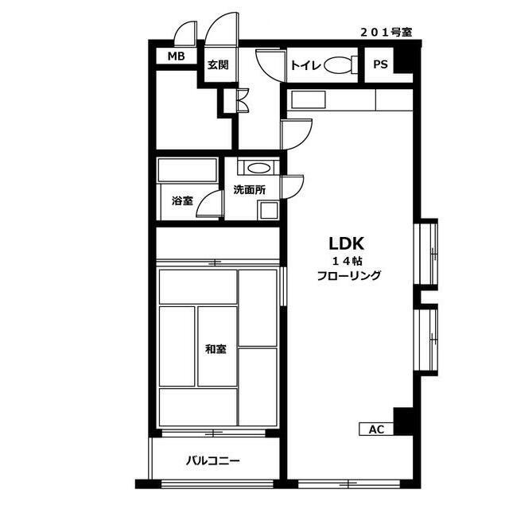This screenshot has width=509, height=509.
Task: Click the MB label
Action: click(176, 56)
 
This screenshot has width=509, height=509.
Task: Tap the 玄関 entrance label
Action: click(218, 65)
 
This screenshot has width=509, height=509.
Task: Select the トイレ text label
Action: click(305, 65)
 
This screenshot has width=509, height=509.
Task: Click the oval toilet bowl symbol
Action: click(337, 65)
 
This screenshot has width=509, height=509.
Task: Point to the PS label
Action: click(380, 64)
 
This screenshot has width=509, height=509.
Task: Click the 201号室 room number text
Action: click(387, 33)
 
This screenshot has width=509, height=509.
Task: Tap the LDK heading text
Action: click(347, 243)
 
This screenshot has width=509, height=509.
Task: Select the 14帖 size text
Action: click(347, 261)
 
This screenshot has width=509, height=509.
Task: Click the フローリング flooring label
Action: click(348, 276)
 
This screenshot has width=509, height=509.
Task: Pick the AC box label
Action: click(376, 429)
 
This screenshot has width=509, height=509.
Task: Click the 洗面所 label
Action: click(250, 190)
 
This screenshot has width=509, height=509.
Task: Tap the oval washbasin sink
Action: click(258, 168)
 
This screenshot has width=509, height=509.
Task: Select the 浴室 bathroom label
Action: click(182, 201)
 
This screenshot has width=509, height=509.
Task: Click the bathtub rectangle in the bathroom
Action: click(188, 170)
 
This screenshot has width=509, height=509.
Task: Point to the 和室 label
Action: click(216, 349)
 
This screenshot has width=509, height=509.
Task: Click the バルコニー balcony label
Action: click(213, 461)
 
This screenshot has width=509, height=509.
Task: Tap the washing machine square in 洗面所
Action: click(269, 210)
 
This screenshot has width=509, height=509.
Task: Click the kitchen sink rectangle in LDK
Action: click(308, 99)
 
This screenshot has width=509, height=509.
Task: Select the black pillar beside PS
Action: click(403, 60)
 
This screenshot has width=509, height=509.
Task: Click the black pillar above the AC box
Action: click(403, 422)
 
